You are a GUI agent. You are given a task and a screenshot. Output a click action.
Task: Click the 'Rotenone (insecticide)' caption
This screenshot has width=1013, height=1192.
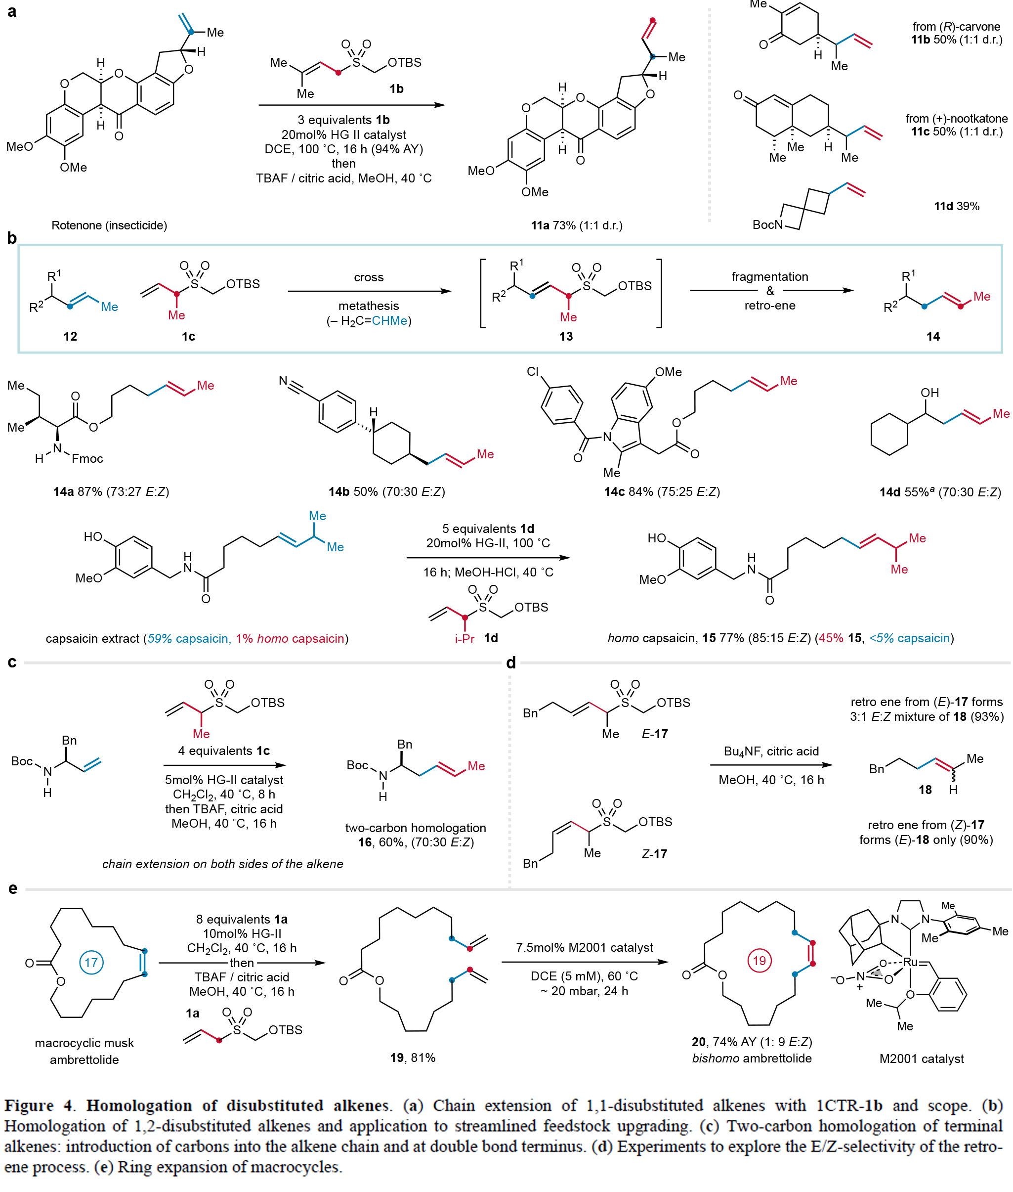coord(109,225)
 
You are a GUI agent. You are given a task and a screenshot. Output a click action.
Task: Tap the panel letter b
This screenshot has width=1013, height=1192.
coord(11,238)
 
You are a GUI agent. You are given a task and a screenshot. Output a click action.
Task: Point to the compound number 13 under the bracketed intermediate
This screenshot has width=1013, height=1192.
coord(566,336)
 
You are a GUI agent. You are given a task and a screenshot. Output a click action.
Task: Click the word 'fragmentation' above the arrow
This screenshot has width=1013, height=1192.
coord(769,276)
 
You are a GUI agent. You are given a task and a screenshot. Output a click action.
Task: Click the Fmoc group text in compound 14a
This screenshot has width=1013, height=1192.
coord(87,458)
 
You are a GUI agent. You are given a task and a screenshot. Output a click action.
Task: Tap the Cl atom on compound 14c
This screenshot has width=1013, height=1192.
coord(532,372)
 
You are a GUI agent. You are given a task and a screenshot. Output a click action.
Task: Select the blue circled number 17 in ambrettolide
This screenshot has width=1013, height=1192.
coord(91,962)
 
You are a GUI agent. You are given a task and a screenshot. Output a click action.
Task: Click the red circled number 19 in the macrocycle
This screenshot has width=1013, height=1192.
coord(759,960)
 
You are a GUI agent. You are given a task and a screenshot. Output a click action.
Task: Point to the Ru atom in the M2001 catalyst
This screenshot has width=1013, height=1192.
coord(910,962)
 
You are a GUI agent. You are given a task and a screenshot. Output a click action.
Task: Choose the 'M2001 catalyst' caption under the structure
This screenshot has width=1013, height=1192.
coord(921,1059)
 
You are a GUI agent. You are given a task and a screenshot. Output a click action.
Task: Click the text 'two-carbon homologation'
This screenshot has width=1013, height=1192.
coord(415,828)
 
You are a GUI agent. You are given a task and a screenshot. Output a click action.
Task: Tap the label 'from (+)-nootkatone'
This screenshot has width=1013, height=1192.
coord(956,118)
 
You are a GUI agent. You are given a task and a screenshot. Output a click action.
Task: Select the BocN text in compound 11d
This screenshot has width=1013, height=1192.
coord(767,224)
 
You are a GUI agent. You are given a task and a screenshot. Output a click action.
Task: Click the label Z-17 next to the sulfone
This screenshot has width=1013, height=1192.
coord(654,854)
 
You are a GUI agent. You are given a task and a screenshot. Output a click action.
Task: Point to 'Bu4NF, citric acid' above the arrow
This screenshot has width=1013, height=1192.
coord(771,751)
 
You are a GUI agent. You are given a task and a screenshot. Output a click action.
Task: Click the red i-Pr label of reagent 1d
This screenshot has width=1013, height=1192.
coord(464,639)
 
